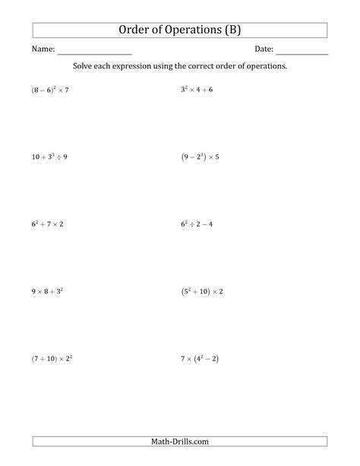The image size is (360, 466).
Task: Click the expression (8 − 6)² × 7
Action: tap(50, 90)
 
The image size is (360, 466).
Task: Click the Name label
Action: tap(43, 49)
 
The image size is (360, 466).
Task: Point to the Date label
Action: tap(264, 49)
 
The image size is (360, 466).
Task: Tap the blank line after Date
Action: tap(302, 52)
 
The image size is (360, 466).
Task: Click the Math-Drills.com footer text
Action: tap(180, 441)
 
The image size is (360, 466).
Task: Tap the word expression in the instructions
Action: tap(145, 66)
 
